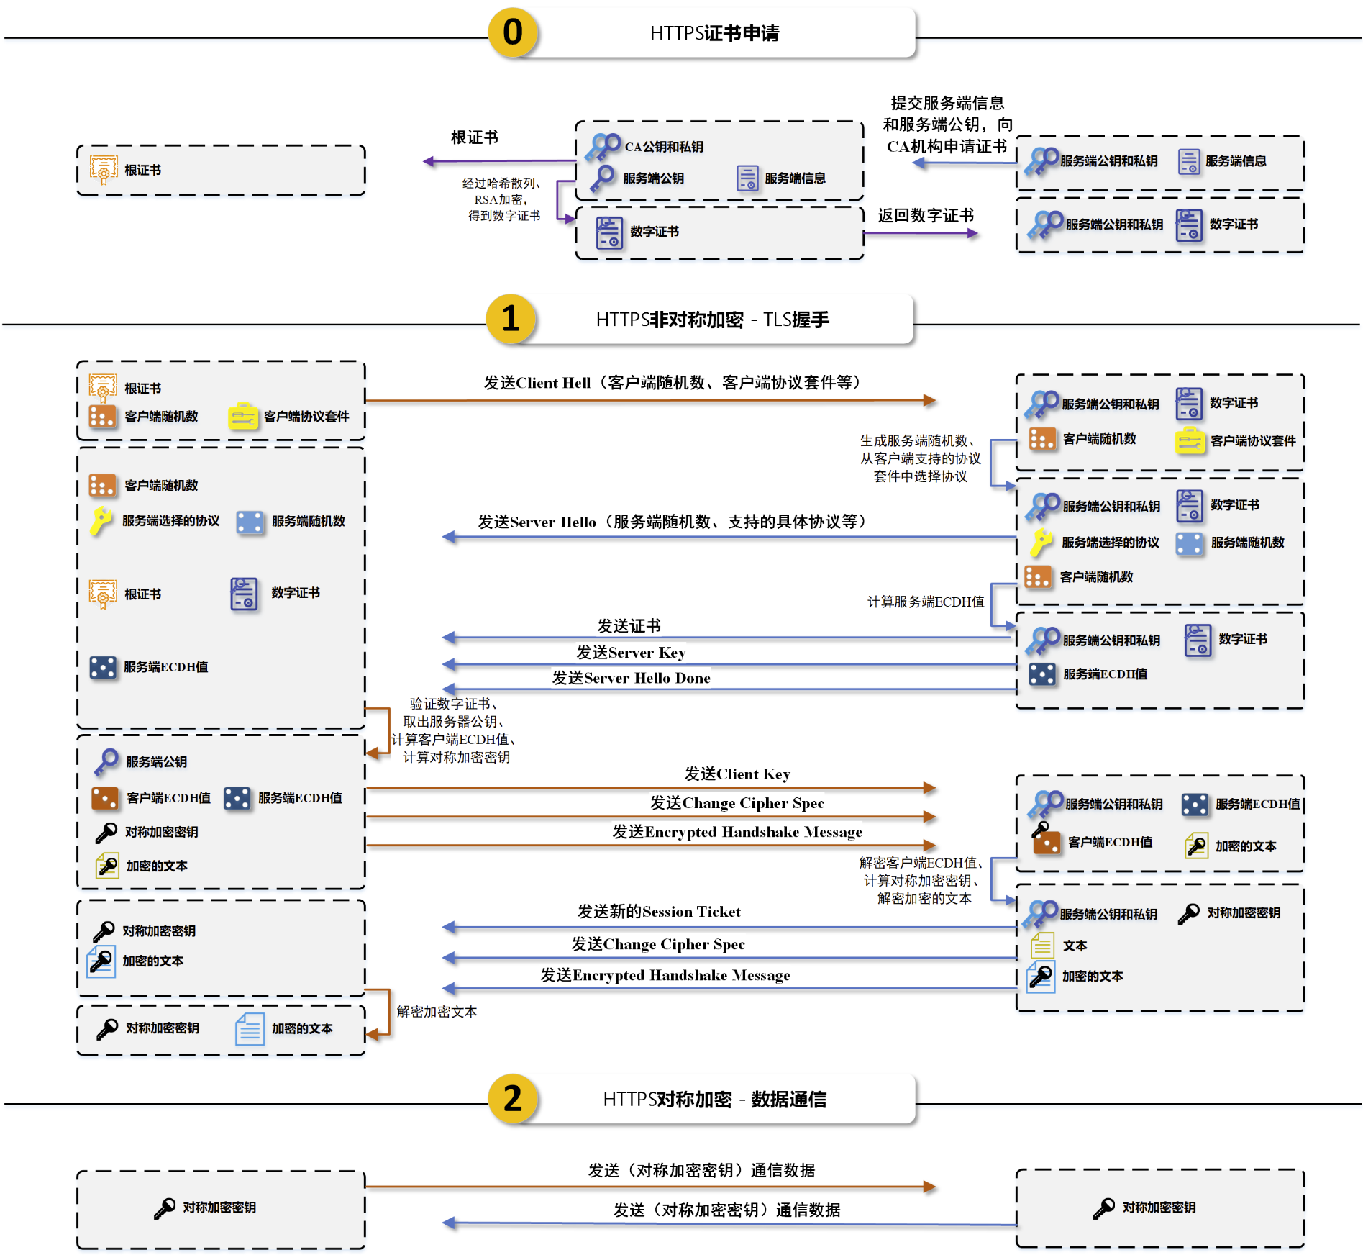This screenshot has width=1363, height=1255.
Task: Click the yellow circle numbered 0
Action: tap(513, 32)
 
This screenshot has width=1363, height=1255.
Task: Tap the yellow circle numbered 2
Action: tap(513, 1099)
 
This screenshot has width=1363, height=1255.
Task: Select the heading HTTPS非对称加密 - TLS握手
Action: tap(713, 320)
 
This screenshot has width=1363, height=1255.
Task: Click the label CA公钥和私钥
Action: tap(664, 147)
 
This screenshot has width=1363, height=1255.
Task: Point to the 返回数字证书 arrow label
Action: tap(926, 216)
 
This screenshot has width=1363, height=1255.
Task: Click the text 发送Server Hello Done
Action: tap(631, 678)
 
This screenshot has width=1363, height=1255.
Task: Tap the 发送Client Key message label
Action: tap(737, 774)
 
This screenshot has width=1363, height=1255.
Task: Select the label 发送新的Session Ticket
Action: tap(659, 912)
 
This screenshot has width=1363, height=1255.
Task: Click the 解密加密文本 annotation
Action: tap(437, 1012)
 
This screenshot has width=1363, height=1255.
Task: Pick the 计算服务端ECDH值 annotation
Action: tap(926, 602)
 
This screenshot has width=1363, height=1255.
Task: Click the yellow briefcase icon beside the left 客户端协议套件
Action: tap(243, 416)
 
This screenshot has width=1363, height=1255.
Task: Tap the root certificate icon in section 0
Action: tap(104, 170)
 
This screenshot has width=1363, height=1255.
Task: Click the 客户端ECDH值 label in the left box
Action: tap(168, 798)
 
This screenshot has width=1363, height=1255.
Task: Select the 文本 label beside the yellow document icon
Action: tap(1075, 946)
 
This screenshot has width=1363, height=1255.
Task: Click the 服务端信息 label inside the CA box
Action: tap(795, 178)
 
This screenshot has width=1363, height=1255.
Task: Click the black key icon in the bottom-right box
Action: tap(1103, 1208)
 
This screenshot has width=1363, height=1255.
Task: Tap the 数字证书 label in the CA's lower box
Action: tap(655, 232)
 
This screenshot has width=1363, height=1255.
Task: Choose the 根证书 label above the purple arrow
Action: tap(475, 137)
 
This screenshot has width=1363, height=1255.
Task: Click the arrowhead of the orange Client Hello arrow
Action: tap(930, 400)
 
